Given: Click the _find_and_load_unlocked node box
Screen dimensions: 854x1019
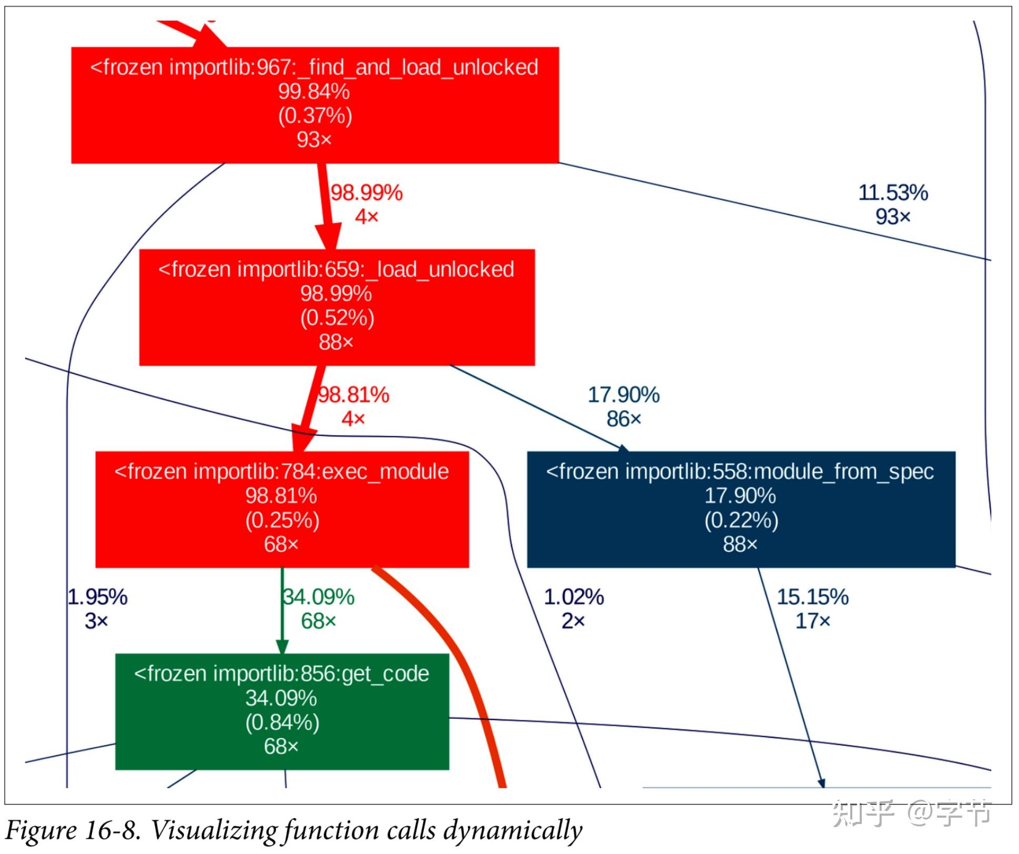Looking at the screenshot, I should pyautogui.click(x=314, y=105).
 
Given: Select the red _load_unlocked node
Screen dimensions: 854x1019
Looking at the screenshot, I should pyautogui.click(x=337, y=307).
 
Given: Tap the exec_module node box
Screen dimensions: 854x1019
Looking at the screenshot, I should pyautogui.click(x=282, y=509).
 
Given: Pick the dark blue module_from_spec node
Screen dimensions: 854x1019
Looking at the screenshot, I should pyautogui.click(x=740, y=509).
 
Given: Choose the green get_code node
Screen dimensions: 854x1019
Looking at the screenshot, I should pyautogui.click(x=282, y=711).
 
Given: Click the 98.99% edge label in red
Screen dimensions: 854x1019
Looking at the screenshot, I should pyautogui.click(x=366, y=193).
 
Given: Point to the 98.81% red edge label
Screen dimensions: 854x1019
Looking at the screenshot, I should pyautogui.click(x=353, y=395).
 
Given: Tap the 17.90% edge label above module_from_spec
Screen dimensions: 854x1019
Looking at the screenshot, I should pyautogui.click(x=624, y=395).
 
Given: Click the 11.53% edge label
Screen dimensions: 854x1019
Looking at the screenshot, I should pyautogui.click(x=893, y=193).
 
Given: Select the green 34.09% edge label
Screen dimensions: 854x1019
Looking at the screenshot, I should pyautogui.click(x=319, y=597).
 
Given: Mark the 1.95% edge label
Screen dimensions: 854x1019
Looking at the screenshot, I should pyautogui.click(x=98, y=597).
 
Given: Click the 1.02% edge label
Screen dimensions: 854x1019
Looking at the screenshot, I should pyautogui.click(x=574, y=597).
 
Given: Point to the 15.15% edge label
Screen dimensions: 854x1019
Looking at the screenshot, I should pyautogui.click(x=812, y=597).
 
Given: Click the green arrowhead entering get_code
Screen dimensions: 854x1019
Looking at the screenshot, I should pyautogui.click(x=282, y=646).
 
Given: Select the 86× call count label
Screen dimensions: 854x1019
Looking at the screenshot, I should pyautogui.click(x=624, y=419).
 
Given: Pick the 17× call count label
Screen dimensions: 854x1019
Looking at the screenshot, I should pyautogui.click(x=812, y=622).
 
